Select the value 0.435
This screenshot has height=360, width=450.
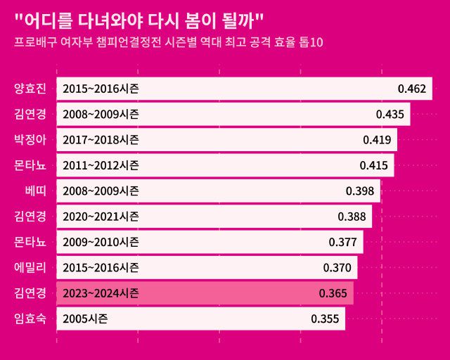390,114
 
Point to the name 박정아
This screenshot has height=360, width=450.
30,139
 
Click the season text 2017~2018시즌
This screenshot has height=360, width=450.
101,139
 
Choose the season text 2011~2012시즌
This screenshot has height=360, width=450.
101,165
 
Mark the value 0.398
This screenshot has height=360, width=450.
360,191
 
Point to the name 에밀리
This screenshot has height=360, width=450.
30,267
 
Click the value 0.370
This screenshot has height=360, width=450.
337,267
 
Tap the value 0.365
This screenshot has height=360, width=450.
333,292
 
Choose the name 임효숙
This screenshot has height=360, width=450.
30,319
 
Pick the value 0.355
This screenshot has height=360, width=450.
325,319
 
